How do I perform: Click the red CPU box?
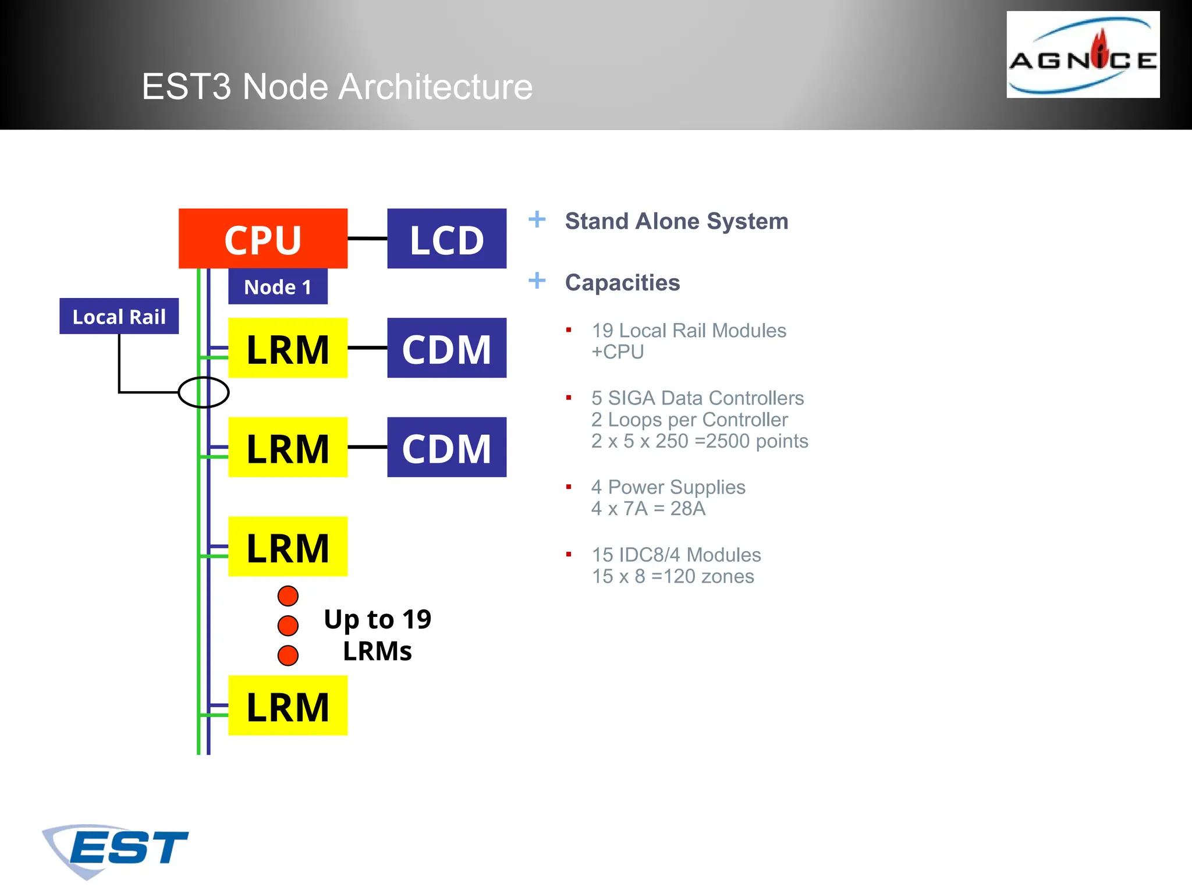[x=262, y=238]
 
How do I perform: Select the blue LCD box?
[x=446, y=238]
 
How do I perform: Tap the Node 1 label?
[x=278, y=286]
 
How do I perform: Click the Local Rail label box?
[x=119, y=316]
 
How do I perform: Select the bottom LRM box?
[x=288, y=705]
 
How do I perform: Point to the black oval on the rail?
[x=203, y=392]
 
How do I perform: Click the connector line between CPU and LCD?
[x=367, y=238]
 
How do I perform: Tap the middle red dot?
[x=288, y=626]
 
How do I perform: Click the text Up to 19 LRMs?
[x=377, y=635]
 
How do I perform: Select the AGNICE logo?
[x=1083, y=55]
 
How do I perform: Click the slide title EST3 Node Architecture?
[x=337, y=87]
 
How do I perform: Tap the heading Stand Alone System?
[x=676, y=221]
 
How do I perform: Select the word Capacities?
[x=622, y=282]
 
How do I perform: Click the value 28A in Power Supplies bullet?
[x=687, y=509]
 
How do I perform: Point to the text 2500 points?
[x=757, y=441]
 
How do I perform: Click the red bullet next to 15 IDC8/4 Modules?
[x=569, y=554]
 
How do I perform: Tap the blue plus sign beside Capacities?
[x=537, y=281]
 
